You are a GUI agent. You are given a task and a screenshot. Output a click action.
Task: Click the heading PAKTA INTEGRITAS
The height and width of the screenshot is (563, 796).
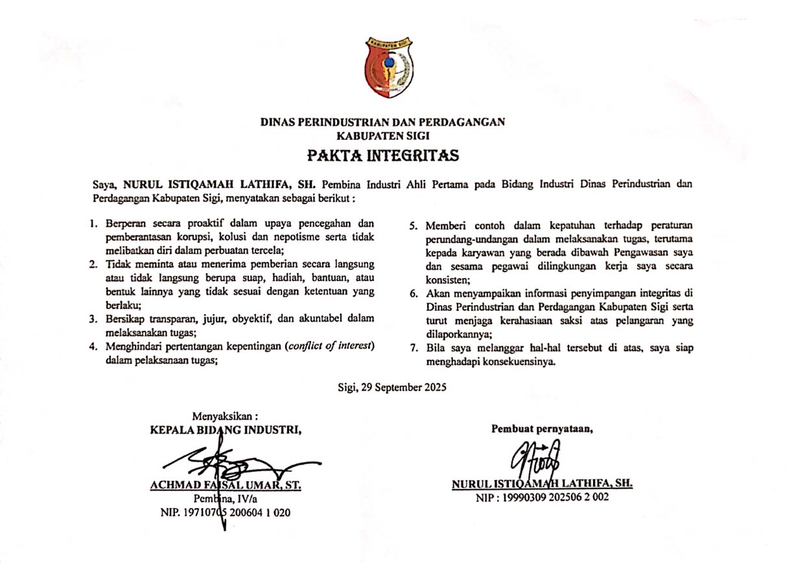tap(383, 156)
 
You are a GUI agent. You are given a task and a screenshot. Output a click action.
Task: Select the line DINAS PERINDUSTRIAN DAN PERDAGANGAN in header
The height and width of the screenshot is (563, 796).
tap(382, 122)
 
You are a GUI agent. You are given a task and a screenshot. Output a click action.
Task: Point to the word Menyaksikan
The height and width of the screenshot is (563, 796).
tap(225, 417)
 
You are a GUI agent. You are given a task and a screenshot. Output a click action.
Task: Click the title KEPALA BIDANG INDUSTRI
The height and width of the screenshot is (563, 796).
tap(226, 430)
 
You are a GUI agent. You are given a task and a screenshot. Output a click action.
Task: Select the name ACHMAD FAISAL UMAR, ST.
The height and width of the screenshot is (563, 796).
tap(226, 485)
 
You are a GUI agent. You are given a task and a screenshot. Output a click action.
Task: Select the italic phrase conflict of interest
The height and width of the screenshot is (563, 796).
tap(331, 346)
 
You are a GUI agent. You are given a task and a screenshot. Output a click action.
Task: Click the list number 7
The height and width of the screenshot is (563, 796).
tap(412, 348)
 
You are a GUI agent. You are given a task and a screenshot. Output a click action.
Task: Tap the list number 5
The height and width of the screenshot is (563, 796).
tap(412, 225)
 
